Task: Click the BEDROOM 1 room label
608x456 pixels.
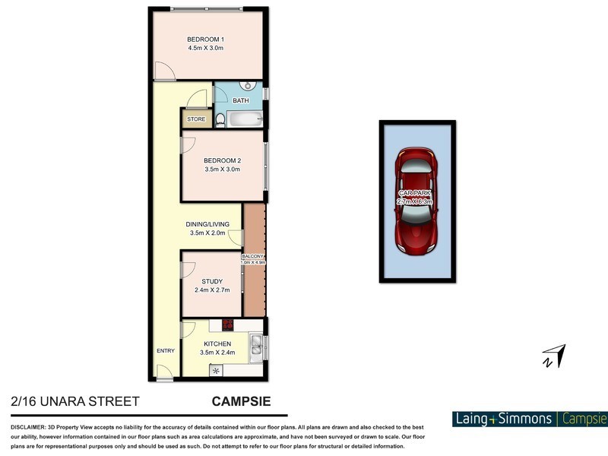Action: (x=204, y=39)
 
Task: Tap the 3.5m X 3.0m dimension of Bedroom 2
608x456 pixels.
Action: (x=222, y=169)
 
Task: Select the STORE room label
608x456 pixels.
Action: (x=196, y=119)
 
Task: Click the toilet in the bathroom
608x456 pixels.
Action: (x=220, y=119)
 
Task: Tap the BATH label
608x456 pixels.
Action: (x=241, y=101)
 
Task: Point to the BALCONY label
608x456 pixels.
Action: (x=253, y=257)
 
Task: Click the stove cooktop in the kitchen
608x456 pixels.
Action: (x=226, y=325)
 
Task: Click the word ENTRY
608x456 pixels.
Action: (x=165, y=351)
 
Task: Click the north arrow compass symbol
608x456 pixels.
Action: (x=554, y=355)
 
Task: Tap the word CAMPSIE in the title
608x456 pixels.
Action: (x=240, y=400)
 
